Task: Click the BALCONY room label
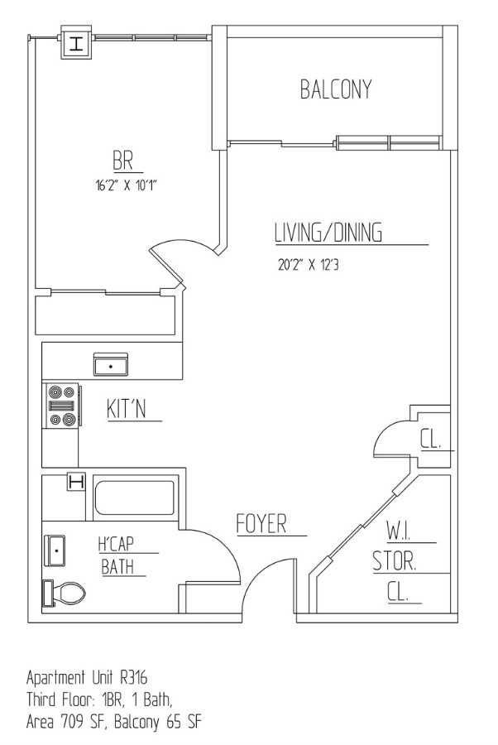pyautogui.click(x=335, y=89)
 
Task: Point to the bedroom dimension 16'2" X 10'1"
pyautogui.click(x=126, y=185)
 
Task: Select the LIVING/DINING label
pyautogui.click(x=328, y=233)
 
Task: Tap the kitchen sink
pyautogui.click(x=110, y=363)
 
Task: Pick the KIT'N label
pyautogui.click(x=127, y=409)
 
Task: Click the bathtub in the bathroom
pyautogui.click(x=134, y=498)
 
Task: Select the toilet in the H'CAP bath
pyautogui.click(x=65, y=592)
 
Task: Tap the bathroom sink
pyautogui.click(x=55, y=550)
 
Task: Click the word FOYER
pyautogui.click(x=261, y=524)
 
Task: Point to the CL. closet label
pyautogui.click(x=431, y=439)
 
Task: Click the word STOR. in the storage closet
pyautogui.click(x=394, y=563)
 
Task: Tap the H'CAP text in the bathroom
pyautogui.click(x=117, y=546)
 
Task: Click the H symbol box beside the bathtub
pyautogui.click(x=76, y=482)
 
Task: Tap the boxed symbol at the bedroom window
pyautogui.click(x=78, y=44)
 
